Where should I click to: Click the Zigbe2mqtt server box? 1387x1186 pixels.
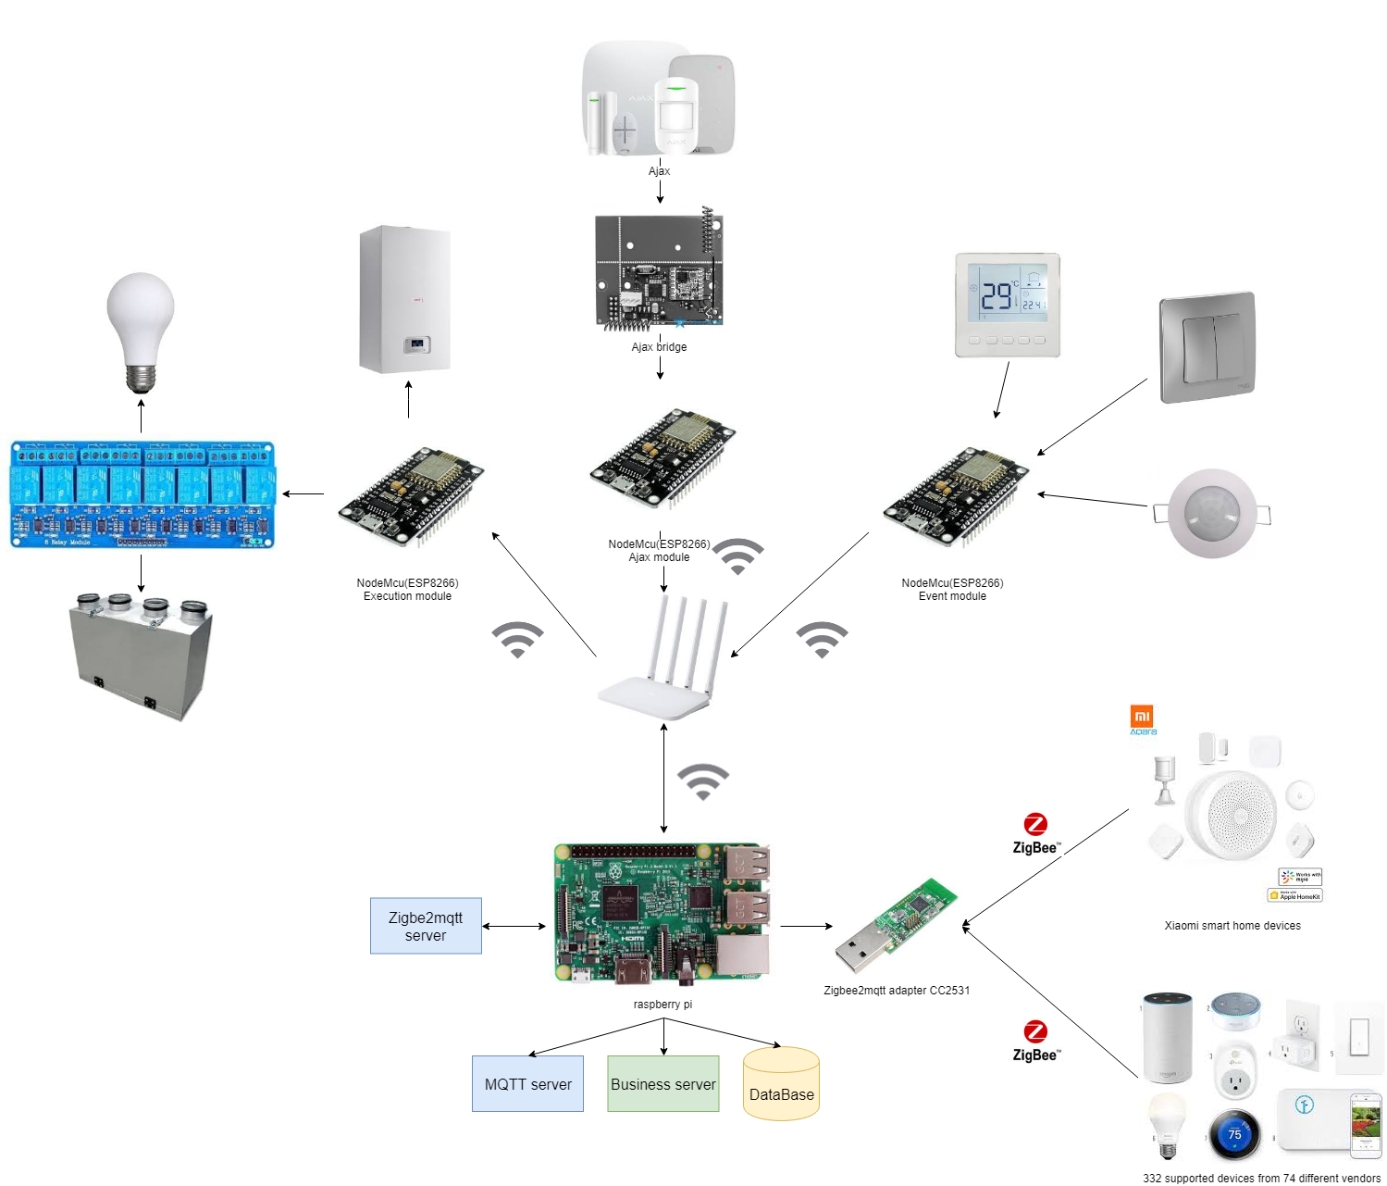coord(426,926)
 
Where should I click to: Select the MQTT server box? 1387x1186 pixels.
coord(527,1083)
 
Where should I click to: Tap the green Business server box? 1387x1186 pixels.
coord(663,1083)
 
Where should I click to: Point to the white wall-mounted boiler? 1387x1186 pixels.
coord(405,299)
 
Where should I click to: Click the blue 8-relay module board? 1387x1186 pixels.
coord(142,494)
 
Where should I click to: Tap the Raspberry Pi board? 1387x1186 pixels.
coord(663,913)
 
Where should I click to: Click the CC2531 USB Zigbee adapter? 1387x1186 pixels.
coord(895,926)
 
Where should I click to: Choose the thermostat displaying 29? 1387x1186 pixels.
coord(1007,305)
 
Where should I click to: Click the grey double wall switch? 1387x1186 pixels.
coord(1207,348)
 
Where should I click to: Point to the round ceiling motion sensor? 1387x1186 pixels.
coord(1212,513)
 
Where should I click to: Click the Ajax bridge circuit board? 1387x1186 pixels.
coord(659,272)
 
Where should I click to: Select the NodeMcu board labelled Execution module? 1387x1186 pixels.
coord(411,498)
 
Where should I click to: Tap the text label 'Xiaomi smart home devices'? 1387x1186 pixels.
coord(1232,926)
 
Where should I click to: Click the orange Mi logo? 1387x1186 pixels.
coord(1142,716)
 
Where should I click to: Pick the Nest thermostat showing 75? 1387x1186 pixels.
coord(1234,1134)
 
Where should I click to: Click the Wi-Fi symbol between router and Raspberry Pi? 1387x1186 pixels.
coord(703,780)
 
